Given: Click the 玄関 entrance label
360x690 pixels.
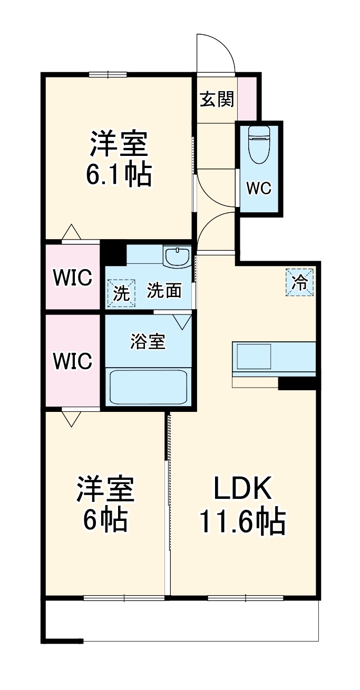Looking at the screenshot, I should click(x=217, y=99).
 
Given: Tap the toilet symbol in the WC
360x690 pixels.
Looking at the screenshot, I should click(x=259, y=145).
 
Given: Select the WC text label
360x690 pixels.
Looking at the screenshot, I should click(x=259, y=189).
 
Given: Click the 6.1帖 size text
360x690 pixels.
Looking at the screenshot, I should click(x=119, y=174).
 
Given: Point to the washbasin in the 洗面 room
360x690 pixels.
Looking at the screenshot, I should click(x=177, y=257).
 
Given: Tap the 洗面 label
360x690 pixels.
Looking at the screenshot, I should click(x=164, y=290).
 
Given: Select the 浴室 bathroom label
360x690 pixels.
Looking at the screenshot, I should click(x=148, y=342).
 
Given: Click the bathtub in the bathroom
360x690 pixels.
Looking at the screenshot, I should click(x=149, y=387).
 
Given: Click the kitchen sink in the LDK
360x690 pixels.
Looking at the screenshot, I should click(x=254, y=357).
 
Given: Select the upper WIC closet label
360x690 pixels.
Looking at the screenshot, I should click(x=73, y=277).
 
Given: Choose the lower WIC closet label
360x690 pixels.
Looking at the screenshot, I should click(x=73, y=361).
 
